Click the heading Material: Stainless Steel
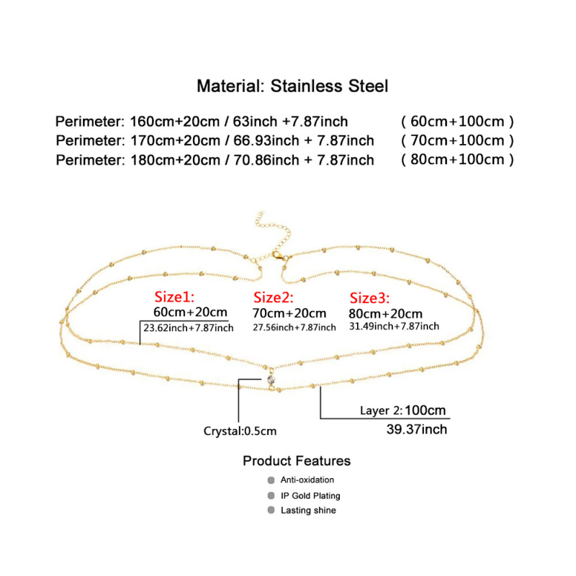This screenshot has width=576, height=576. (x=292, y=86)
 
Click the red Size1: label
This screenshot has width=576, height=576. (x=175, y=297)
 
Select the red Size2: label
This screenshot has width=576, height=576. (x=272, y=297)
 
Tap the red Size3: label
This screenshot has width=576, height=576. (x=369, y=298)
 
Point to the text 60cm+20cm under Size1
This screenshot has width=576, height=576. (x=191, y=312)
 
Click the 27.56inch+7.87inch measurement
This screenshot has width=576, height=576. (x=293, y=328)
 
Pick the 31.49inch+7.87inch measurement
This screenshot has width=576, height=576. (x=393, y=326)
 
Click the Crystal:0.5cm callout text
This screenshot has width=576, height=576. (x=240, y=431)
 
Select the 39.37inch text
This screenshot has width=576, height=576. (x=417, y=430)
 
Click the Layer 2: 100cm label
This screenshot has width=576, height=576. (x=403, y=410)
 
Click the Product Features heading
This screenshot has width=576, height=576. (x=297, y=461)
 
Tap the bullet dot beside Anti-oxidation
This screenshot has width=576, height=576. (x=271, y=480)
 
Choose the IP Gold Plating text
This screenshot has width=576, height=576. (x=310, y=495)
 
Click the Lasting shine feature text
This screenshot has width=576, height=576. (x=308, y=510)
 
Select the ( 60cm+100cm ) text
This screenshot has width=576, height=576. (x=457, y=121)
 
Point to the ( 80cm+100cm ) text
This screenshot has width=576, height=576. (x=457, y=160)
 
